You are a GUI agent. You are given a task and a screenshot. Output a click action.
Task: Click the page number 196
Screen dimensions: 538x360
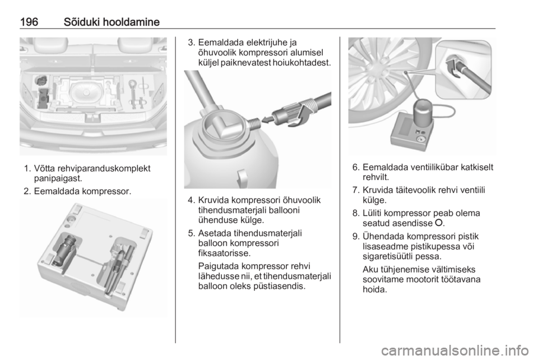(29, 22)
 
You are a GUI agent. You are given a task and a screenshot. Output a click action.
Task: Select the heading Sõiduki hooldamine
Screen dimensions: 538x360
(112, 22)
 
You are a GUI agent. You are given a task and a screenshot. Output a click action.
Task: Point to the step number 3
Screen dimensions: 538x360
(191, 43)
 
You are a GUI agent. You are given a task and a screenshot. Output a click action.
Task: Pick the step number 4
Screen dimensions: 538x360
(191, 200)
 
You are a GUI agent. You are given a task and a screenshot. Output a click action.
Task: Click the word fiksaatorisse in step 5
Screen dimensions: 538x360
(224, 253)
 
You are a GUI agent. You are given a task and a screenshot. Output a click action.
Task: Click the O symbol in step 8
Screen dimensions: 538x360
(438, 223)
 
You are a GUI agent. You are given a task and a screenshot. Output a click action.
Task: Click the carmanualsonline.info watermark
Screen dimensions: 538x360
(455, 350)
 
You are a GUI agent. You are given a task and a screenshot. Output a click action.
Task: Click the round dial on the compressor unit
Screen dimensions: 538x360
(420, 139)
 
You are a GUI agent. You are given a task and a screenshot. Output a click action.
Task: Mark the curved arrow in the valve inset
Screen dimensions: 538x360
(453, 68)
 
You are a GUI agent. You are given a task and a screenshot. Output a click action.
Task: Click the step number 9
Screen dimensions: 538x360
(355, 237)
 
